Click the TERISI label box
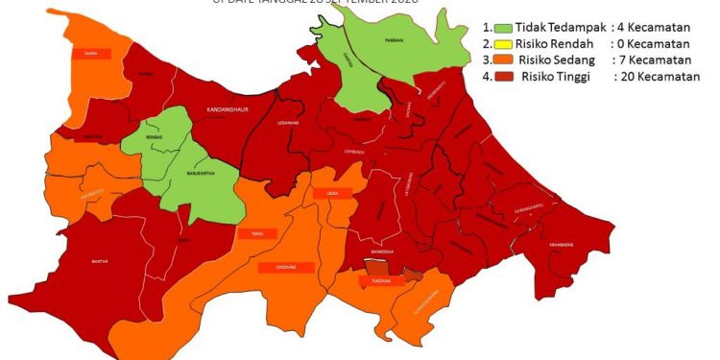click(258, 233)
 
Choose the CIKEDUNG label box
click(285, 268)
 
